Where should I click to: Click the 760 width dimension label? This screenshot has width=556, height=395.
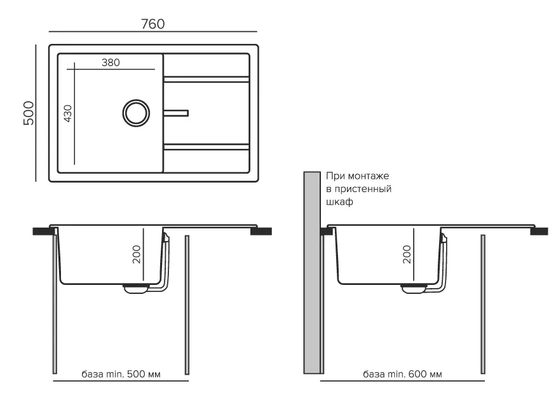coord(153,24)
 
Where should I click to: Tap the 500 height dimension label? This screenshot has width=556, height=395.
coord(29,113)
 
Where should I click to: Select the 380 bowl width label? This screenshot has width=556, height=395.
coord(111,62)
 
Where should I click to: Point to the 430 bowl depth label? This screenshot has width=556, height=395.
coord(68,113)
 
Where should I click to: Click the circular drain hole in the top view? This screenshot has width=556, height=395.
coord(136,113)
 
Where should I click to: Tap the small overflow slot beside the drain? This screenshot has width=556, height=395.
coord(176,113)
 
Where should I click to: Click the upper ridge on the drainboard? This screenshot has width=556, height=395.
coord(207,79)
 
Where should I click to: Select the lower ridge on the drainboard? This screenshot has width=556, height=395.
coord(207,147)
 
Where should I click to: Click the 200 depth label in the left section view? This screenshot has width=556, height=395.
coord(137,254)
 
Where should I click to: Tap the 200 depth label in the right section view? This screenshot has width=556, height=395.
coord(407,254)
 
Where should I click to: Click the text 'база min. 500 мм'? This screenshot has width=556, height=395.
coord(121,374)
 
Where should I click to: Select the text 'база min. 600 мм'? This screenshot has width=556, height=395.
coord(402,374)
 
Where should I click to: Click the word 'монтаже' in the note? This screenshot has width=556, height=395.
coord(369,176)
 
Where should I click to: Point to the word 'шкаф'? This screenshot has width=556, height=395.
coord(339,202)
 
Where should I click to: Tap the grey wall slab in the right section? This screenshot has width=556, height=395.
coord(312,273)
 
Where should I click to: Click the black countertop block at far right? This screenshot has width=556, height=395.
coord(539,232)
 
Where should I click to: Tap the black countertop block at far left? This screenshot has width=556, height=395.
coord(43,232)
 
